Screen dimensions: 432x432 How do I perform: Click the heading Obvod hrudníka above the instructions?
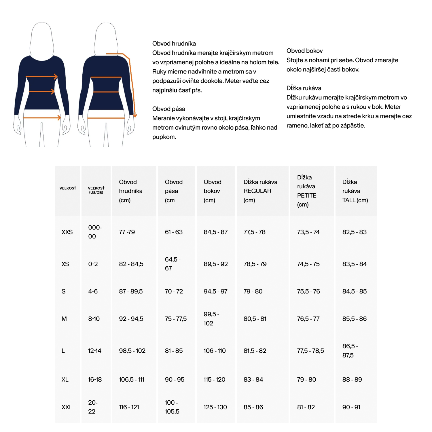point(174,43)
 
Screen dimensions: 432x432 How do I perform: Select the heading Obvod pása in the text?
point(169,109)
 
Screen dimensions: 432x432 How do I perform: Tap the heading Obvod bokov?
point(304,51)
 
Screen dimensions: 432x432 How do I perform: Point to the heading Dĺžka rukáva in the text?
point(304,88)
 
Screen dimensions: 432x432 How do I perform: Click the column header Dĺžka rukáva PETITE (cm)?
point(307,191)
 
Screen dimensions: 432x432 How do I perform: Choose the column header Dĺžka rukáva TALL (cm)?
point(355,191)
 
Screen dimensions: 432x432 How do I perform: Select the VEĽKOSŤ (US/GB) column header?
point(96,190)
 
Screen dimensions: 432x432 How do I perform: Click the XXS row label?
point(67,232)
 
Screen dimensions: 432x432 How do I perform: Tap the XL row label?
point(65,380)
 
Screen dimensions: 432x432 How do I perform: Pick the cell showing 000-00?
point(95,232)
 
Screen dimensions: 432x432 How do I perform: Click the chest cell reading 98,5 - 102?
point(132,351)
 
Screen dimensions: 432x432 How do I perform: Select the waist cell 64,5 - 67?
point(173,264)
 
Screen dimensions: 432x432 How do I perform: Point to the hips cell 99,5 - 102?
point(211,319)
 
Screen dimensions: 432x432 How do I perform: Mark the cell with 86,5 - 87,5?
point(350,351)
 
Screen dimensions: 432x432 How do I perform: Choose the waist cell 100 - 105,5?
point(172,407)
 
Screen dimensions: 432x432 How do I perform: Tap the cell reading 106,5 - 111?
point(132,380)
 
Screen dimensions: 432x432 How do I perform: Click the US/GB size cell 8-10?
point(94,319)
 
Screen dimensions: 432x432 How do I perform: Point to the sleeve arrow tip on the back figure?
point(135,116)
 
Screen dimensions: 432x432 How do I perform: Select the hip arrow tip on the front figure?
point(60,118)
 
